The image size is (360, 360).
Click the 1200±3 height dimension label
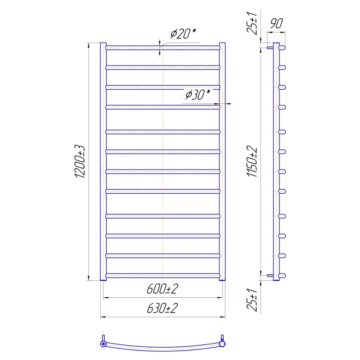coord(80,161)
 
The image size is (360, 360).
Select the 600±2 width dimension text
coord(162,289)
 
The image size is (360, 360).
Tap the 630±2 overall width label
coord(162,308)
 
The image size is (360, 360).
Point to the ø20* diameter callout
coord(183,33)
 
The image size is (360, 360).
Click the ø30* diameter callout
coord(198,94)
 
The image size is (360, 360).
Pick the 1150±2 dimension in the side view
coord(252,161)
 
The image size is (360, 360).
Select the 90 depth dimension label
coord(276,23)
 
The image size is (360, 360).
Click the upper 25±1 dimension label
coord(252,23)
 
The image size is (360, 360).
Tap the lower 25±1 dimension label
coord(252,300)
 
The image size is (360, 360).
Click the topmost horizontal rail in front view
coord(163,48)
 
